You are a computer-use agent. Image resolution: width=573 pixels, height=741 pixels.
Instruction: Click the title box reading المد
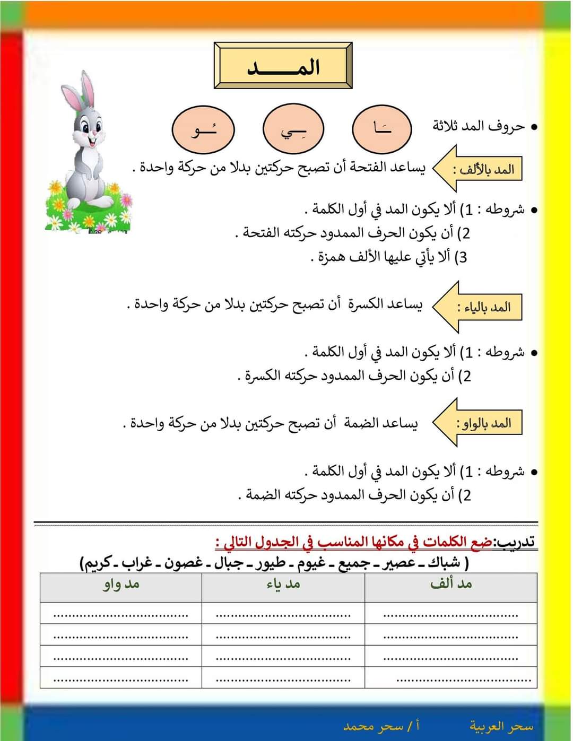coord(283,66)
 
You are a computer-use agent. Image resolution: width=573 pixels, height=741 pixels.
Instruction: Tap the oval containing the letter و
coord(203,129)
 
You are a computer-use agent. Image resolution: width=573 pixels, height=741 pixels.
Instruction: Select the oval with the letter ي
coord(293,129)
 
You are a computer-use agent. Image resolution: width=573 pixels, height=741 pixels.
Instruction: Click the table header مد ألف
coord(451,584)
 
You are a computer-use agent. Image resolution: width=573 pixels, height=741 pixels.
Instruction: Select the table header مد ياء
coord(283,584)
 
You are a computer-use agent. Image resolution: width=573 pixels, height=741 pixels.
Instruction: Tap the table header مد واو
coord(121,584)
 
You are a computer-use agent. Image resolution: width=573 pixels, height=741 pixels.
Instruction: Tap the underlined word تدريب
coord(514,542)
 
